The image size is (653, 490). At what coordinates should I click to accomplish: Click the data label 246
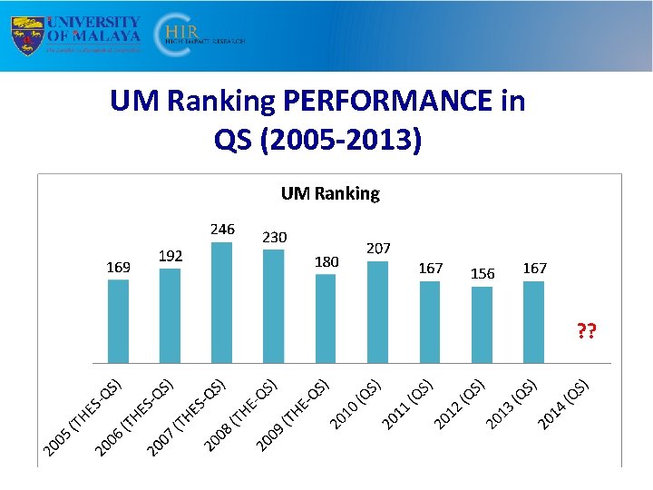221,230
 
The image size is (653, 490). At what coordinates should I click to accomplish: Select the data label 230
274,237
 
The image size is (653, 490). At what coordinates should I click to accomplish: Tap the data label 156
482,273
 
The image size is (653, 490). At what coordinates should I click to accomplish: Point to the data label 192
171,256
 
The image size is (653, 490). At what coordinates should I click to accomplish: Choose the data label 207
378,248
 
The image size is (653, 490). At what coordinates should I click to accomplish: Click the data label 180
326,261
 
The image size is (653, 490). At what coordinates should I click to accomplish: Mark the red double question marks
587,332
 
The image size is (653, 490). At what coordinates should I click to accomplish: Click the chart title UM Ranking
330,193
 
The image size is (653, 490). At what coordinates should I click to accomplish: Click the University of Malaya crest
25,35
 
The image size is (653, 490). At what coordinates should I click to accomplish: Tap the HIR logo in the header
186,35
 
